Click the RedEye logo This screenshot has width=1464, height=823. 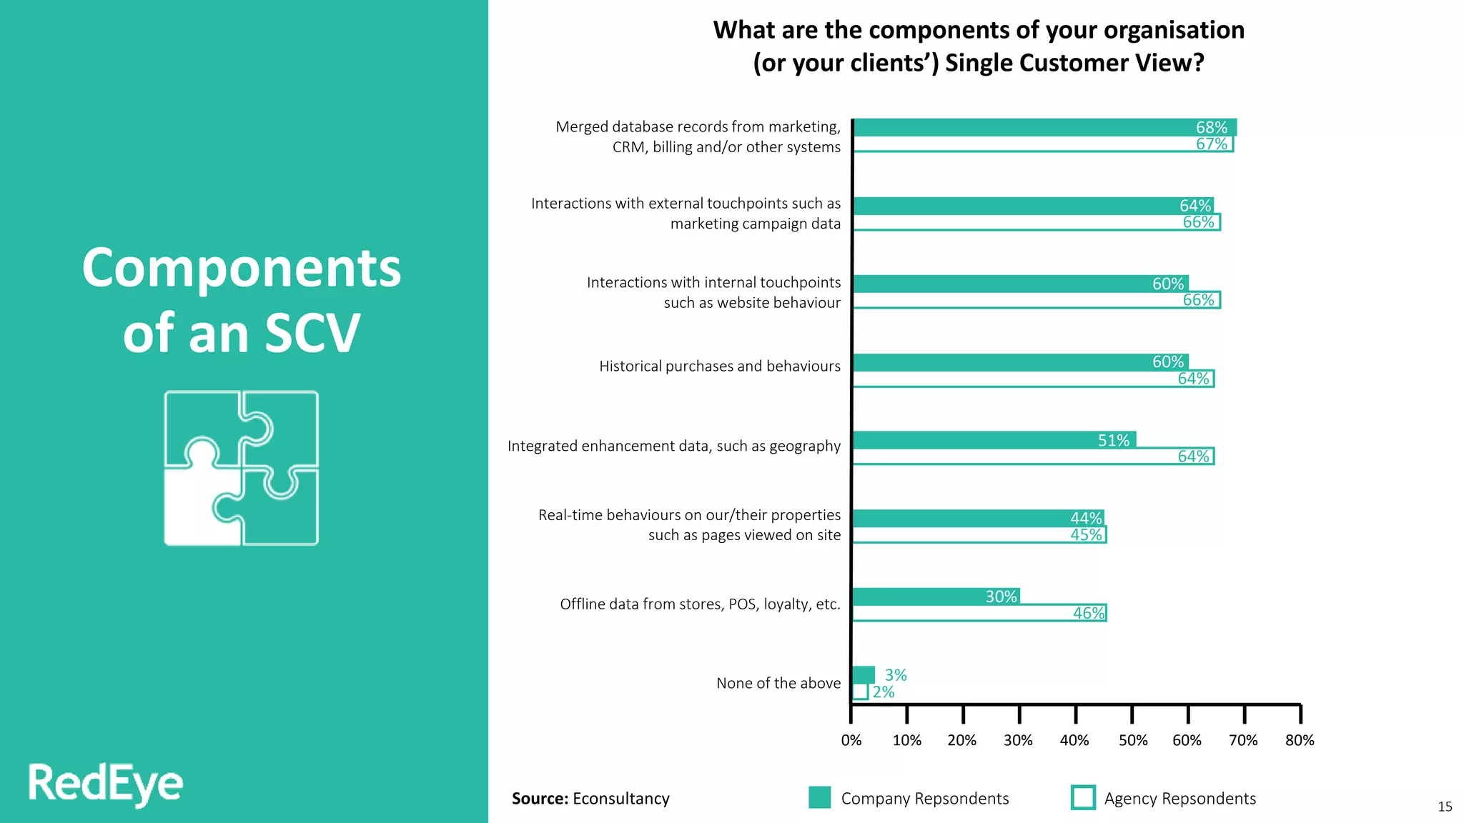pos(105,784)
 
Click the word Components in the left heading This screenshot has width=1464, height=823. pos(242,269)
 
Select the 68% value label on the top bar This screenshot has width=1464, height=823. pos(1211,127)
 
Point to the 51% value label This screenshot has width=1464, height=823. pos(1113,440)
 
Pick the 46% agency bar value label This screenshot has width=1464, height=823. pos(1088,613)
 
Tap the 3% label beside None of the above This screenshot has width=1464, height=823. pos(895,675)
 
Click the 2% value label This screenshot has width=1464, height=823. pos(883,692)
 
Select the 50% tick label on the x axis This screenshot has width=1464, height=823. pos(1132,740)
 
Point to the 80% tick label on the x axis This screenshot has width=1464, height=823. pos(1299,740)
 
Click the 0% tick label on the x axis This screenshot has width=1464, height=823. pos(851,740)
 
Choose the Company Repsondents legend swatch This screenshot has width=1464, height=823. pos(819,797)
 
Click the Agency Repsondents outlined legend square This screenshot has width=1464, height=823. pos(1083,797)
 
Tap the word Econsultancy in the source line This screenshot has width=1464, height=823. pos(620,799)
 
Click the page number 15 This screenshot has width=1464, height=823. pos(1445,807)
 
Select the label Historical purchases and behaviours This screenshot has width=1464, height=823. pos(719,366)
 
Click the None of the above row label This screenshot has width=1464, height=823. pos(778,684)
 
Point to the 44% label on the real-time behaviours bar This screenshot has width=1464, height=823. pos(1085,518)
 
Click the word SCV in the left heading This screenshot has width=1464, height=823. pos(312,334)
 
